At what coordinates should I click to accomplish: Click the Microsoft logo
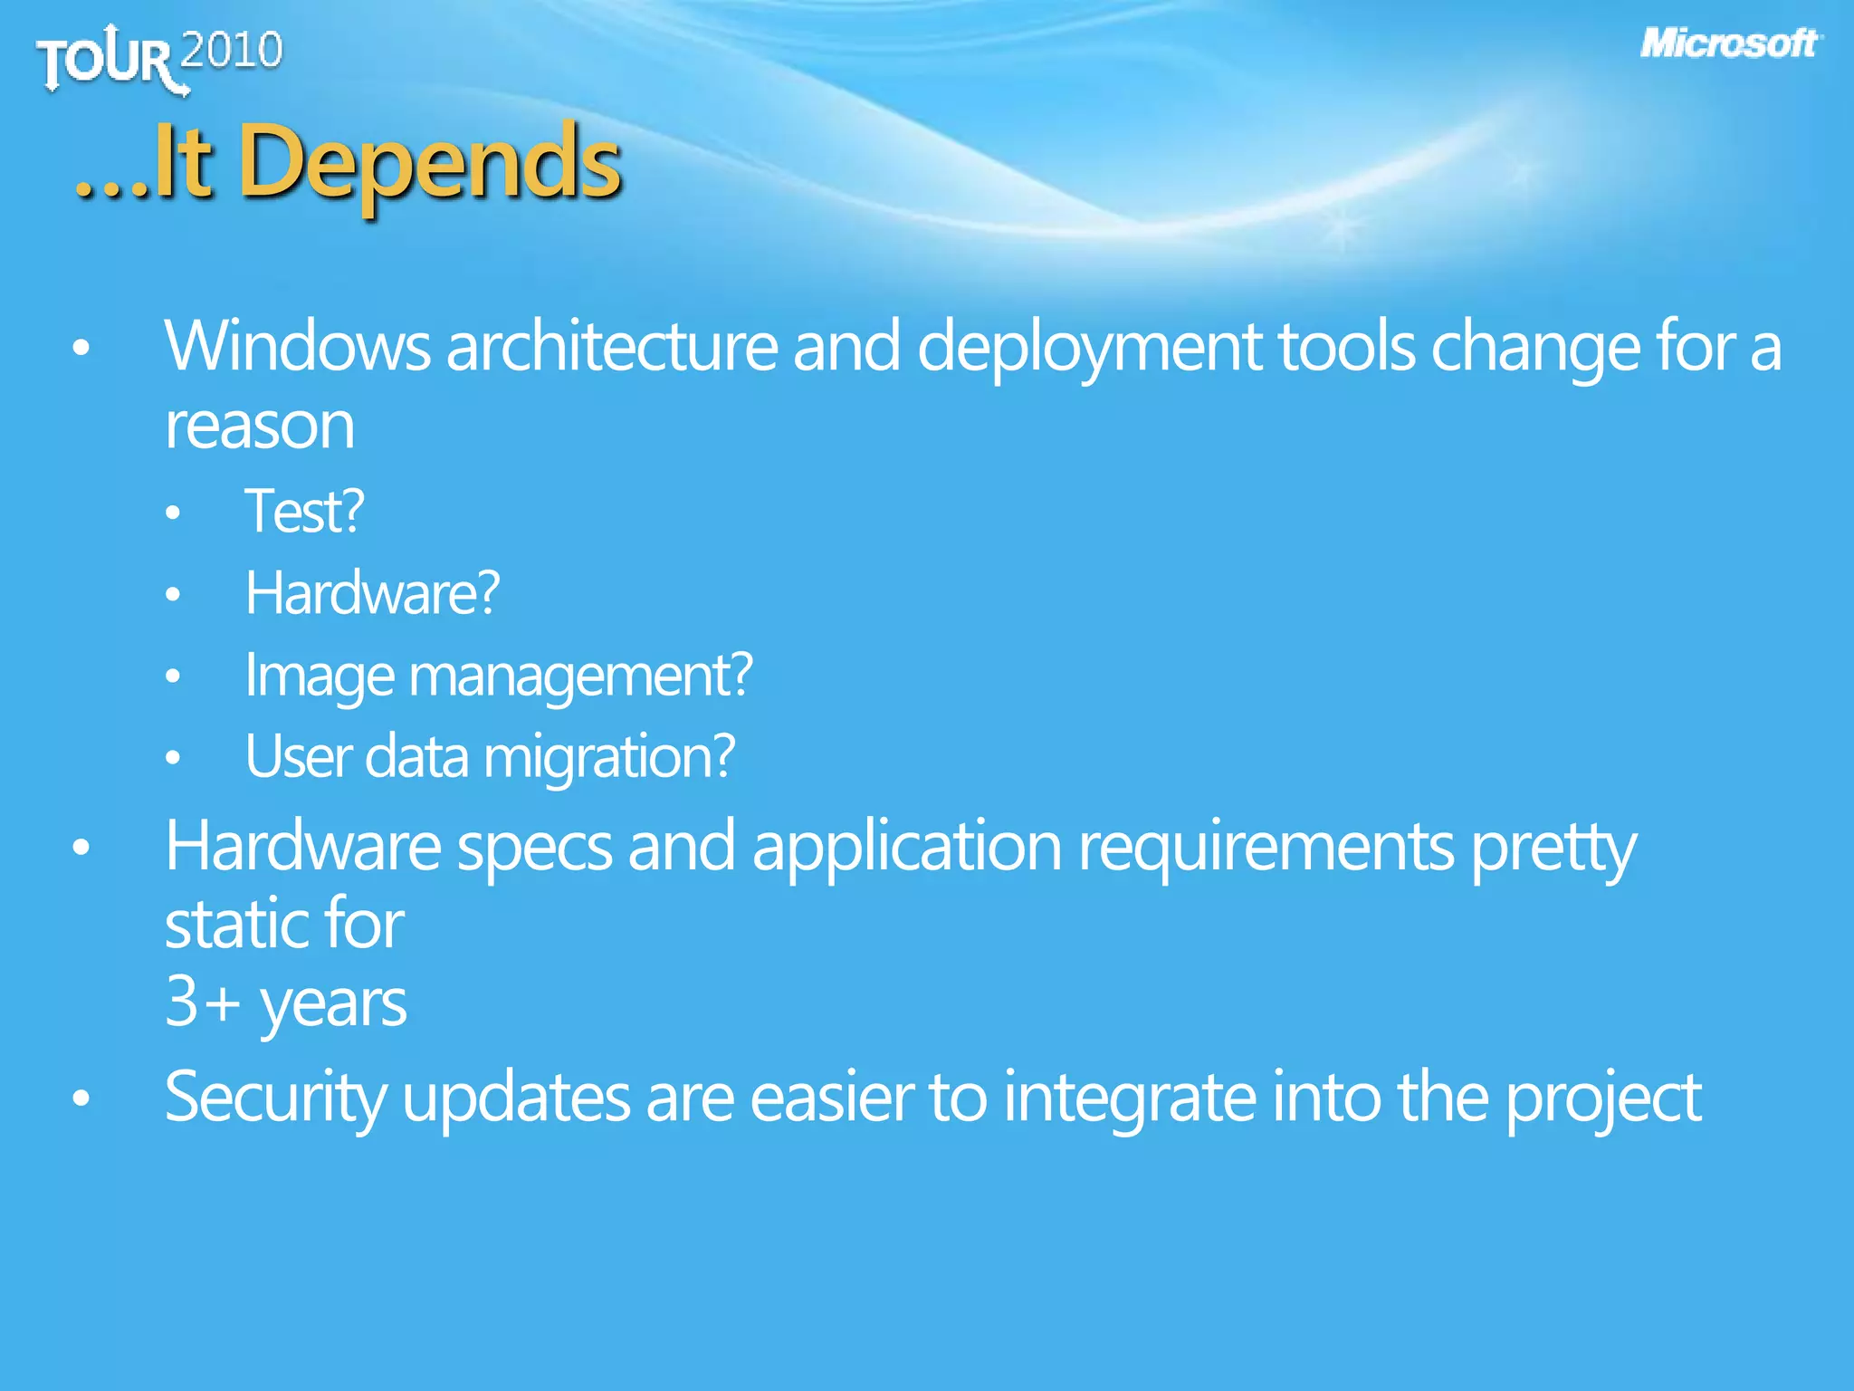[x=1729, y=43]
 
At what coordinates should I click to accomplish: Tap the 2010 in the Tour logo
[x=232, y=51]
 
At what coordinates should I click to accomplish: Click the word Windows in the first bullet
[x=297, y=347]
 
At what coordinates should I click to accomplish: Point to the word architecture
[x=611, y=347]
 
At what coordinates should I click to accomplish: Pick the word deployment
[x=1089, y=349]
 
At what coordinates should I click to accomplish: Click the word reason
[x=259, y=427]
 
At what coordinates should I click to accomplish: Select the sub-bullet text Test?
[x=304, y=512]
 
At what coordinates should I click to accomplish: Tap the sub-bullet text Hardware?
[x=372, y=593]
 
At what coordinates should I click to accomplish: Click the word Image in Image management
[x=320, y=676]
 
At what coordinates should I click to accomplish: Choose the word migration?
[x=609, y=757]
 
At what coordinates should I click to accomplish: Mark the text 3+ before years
[x=202, y=1002]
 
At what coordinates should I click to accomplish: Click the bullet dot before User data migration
[x=173, y=758]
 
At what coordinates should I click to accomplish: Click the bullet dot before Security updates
[x=81, y=1098]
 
